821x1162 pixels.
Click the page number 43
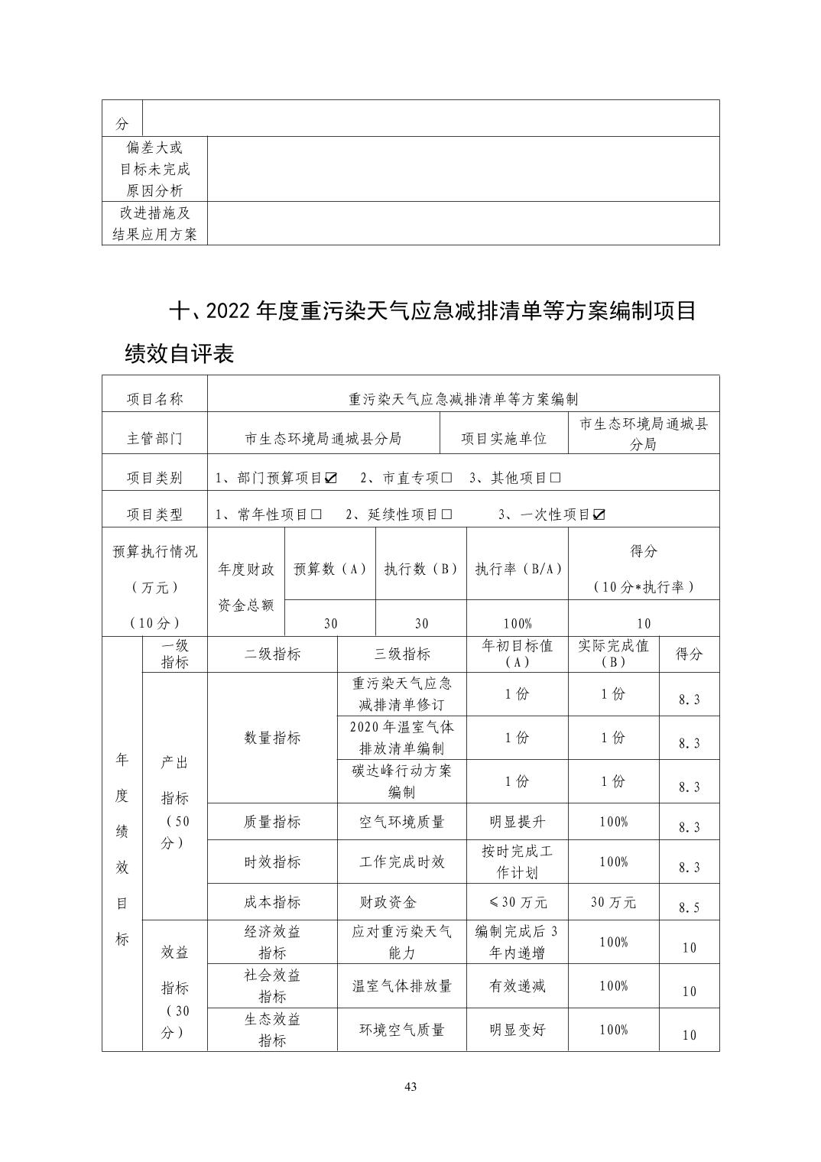[x=411, y=1088]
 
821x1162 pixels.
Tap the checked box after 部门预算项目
[x=331, y=478]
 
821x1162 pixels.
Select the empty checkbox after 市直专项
[x=446, y=478]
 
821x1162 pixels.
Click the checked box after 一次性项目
[x=599, y=514]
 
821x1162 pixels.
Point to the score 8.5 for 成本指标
[x=689, y=907]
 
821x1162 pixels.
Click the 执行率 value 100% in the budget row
[x=517, y=623]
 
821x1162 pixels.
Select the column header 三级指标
[x=401, y=654]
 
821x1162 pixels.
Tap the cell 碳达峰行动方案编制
[x=401, y=781]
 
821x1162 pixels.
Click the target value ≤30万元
[x=517, y=902]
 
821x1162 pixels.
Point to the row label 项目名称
[x=154, y=398]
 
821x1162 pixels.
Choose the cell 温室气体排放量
[x=401, y=985]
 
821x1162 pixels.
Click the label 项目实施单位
[x=504, y=438]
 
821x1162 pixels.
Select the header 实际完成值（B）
[x=613, y=654]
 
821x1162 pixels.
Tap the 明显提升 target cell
[x=517, y=822]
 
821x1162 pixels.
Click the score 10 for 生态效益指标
[x=689, y=1035]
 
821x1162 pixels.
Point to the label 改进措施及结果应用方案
[x=154, y=223]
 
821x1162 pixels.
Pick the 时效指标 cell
[x=272, y=862]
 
